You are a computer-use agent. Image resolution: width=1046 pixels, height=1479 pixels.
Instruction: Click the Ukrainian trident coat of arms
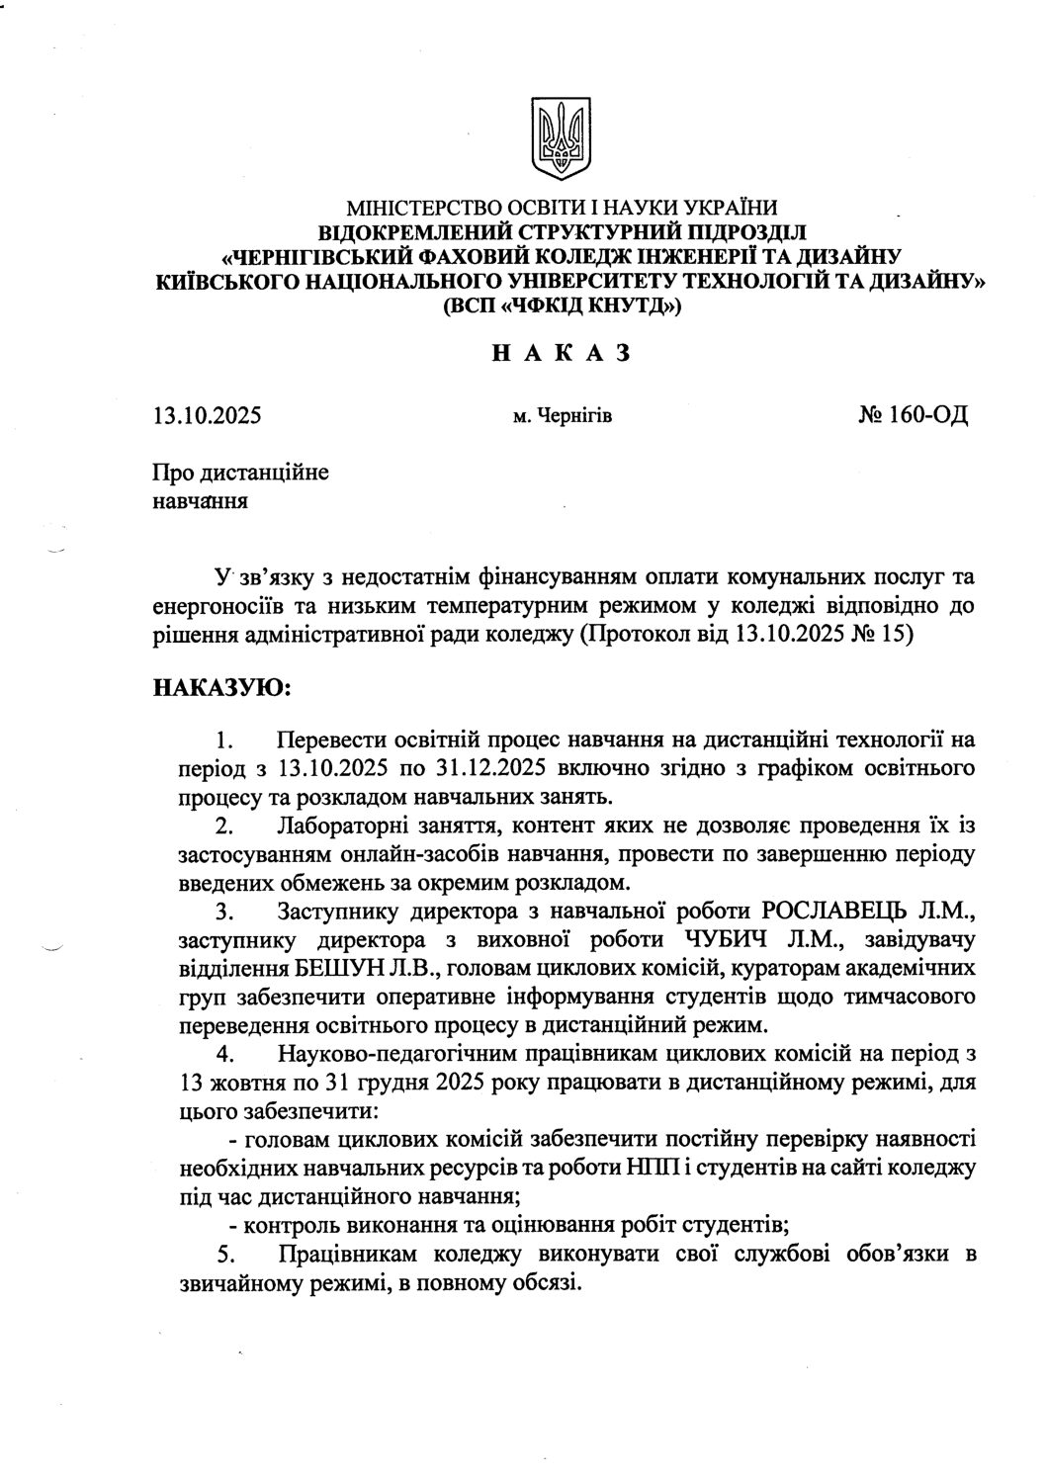(561, 138)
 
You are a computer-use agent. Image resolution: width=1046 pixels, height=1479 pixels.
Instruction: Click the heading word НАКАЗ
(561, 354)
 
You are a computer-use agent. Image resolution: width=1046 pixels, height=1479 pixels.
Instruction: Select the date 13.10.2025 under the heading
(207, 415)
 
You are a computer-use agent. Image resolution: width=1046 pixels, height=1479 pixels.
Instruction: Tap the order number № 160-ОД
(915, 414)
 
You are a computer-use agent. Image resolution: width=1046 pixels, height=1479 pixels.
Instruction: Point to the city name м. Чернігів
(563, 416)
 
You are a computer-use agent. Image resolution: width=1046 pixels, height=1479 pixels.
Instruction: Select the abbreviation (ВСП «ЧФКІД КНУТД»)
(562, 306)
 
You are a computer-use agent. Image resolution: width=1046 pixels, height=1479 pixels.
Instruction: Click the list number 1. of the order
(225, 739)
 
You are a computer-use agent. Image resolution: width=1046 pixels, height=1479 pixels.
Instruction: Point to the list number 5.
(225, 1256)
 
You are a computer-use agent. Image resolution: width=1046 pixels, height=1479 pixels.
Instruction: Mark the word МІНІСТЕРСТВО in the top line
(415, 208)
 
